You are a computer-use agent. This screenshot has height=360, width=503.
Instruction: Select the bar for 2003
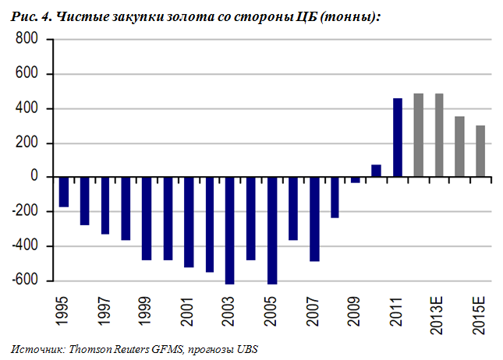229,230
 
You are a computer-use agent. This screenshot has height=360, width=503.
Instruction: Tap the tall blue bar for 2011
397,138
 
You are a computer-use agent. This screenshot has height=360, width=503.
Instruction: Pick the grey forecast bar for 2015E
480,151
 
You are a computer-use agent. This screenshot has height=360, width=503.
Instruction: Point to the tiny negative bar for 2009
356,180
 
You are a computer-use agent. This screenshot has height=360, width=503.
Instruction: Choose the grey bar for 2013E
438,136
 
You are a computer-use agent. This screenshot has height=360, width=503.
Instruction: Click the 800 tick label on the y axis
26,41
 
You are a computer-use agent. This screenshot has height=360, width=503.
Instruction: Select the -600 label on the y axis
23,281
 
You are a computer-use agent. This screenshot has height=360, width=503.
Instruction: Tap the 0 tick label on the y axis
34,178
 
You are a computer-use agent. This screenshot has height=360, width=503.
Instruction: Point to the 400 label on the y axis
26,109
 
